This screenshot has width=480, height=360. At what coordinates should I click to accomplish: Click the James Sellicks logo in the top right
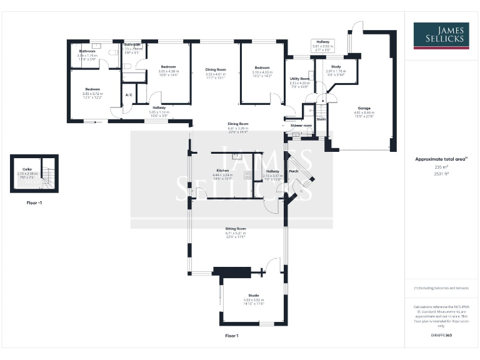441,36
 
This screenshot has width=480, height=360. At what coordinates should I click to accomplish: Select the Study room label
336,66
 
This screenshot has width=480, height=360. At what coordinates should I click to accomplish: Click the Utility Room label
299,79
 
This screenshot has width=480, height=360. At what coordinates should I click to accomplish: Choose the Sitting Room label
236,229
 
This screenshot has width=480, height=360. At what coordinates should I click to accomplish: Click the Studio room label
253,296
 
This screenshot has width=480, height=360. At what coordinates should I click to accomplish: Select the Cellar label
27,169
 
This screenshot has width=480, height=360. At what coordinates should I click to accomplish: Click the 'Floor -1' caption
34,203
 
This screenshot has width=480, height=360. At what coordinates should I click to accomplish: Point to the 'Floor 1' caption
232,336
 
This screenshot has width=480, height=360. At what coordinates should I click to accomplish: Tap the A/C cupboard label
129,94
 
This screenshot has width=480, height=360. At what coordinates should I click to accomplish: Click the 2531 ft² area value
441,174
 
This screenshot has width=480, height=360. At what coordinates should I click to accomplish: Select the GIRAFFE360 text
441,336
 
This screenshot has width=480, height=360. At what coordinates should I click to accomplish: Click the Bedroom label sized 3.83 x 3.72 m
92,89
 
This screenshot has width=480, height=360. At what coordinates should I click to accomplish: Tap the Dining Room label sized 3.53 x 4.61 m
216,69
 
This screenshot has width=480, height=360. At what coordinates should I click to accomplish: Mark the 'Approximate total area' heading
440,159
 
